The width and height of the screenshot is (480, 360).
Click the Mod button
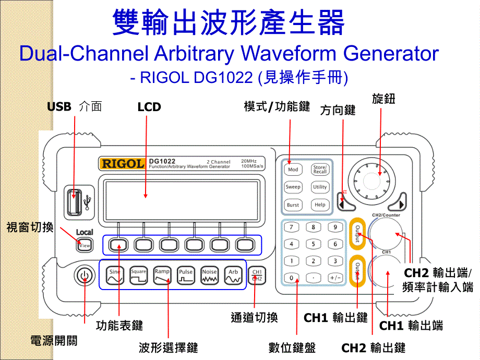click(x=293, y=170)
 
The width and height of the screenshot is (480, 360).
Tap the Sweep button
click(x=293, y=187)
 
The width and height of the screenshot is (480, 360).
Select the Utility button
click(x=320, y=187)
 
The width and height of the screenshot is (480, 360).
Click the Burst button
click(x=293, y=205)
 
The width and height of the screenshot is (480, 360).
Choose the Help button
click(x=320, y=205)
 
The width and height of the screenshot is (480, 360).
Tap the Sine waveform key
click(x=115, y=275)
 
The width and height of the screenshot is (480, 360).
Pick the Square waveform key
click(x=139, y=275)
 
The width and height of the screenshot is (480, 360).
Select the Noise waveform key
click(x=209, y=275)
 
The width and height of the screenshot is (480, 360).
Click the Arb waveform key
click(x=233, y=275)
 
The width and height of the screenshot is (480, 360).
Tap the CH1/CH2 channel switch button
click(x=257, y=275)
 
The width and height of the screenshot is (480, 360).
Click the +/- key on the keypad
click(x=335, y=278)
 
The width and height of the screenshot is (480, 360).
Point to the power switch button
click(x=84, y=276)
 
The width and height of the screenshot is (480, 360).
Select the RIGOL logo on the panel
click(x=123, y=163)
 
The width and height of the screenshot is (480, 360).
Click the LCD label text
click(x=149, y=107)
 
